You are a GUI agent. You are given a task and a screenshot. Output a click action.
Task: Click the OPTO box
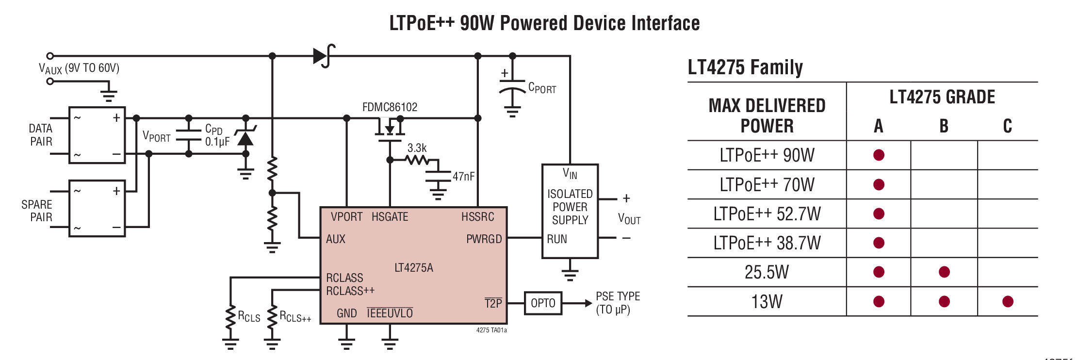click(542, 303)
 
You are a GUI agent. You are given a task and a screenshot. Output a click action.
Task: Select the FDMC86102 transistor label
click(390, 107)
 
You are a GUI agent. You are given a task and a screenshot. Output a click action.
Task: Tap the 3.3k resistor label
click(417, 147)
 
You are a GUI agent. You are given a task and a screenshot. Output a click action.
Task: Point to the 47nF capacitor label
click(463, 176)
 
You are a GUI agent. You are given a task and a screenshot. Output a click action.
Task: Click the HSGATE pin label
click(390, 216)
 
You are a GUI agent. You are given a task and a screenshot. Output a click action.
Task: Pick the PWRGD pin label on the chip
click(484, 239)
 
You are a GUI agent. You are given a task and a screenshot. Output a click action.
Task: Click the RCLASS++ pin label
click(350, 291)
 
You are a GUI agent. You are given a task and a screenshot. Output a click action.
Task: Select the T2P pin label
click(493, 303)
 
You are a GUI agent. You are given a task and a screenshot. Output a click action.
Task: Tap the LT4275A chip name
click(413, 267)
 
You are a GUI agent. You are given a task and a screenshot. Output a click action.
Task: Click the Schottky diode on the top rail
click(324, 56)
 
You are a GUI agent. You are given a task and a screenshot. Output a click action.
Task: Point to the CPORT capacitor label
click(542, 88)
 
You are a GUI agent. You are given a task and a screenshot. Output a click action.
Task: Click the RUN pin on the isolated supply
click(556, 239)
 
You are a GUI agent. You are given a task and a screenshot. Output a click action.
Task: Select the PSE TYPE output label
click(617, 303)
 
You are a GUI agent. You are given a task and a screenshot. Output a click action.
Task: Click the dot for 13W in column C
click(1007, 301)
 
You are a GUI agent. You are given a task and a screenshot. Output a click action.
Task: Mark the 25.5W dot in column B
click(944, 272)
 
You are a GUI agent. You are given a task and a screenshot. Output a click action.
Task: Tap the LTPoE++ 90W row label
click(767, 155)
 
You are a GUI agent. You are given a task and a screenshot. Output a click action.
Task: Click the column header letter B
click(944, 126)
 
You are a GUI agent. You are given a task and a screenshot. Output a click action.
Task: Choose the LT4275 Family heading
click(745, 67)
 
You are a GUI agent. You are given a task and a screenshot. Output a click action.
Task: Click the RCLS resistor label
click(248, 317)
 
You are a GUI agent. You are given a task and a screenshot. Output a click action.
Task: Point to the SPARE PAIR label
click(37, 211)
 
